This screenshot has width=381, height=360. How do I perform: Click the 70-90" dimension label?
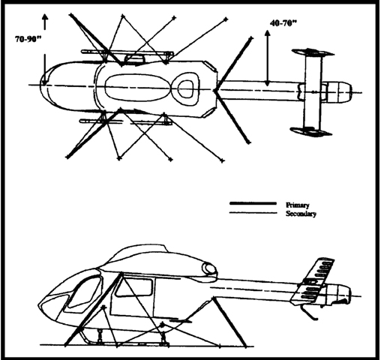(x=28, y=39)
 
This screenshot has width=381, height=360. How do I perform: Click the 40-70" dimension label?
(x=283, y=23)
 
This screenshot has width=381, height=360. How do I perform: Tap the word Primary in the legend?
(x=298, y=205)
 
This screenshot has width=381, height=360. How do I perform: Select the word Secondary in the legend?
(x=301, y=214)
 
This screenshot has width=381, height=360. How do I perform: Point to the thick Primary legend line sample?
(x=253, y=203)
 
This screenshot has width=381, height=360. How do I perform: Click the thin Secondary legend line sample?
(x=253, y=213)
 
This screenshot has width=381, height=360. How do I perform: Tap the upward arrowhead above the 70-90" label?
(x=45, y=17)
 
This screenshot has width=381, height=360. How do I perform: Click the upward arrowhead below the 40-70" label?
(x=268, y=34)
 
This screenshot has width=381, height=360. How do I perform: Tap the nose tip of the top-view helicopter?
(x=40, y=85)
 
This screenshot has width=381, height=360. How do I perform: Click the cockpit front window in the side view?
(x=84, y=292)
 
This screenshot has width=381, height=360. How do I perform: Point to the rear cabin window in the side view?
(x=133, y=287)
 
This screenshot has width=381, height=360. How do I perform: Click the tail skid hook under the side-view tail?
(x=310, y=313)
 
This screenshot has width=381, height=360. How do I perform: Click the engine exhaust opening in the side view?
(x=209, y=268)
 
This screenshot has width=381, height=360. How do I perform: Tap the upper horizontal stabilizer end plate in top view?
(x=313, y=52)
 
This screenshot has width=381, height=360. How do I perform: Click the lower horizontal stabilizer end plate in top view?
(x=310, y=131)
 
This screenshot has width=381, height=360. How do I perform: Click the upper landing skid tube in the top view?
(x=127, y=52)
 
